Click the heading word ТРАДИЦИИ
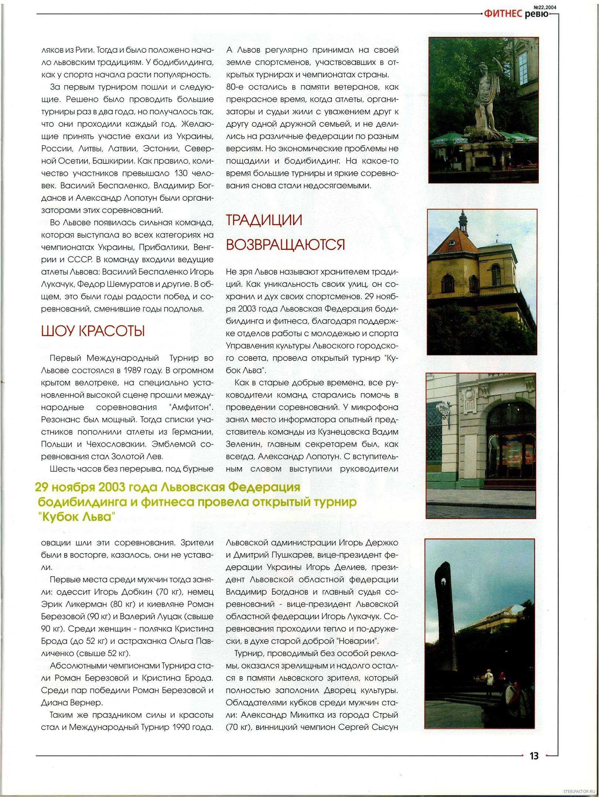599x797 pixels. click(x=264, y=220)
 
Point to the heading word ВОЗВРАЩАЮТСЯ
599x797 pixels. click(x=285, y=245)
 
